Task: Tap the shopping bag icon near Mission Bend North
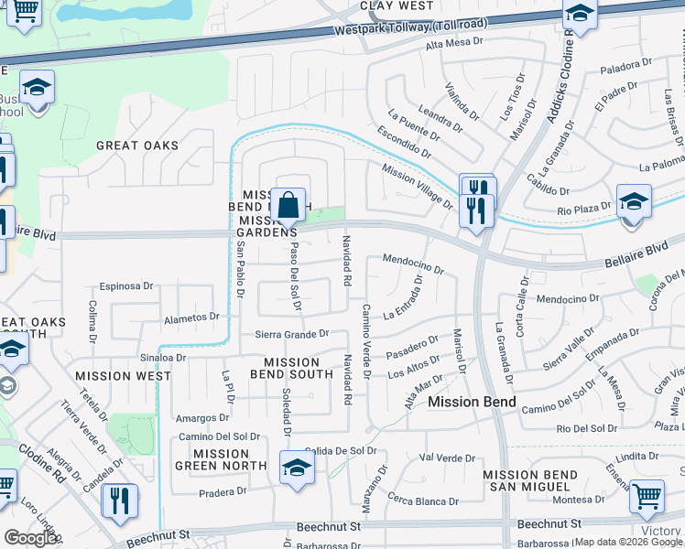(x=288, y=206)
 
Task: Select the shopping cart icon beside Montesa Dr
(x=647, y=496)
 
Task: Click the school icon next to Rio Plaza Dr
(x=634, y=200)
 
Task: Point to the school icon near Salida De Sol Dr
(x=297, y=468)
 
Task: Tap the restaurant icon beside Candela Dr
(x=119, y=501)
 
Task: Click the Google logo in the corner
(x=30, y=538)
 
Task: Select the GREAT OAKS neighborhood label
(x=137, y=145)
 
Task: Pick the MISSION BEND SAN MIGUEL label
(x=529, y=481)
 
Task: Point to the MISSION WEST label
(x=123, y=376)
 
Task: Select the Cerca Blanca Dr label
(x=422, y=501)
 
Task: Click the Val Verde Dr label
(x=446, y=457)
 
